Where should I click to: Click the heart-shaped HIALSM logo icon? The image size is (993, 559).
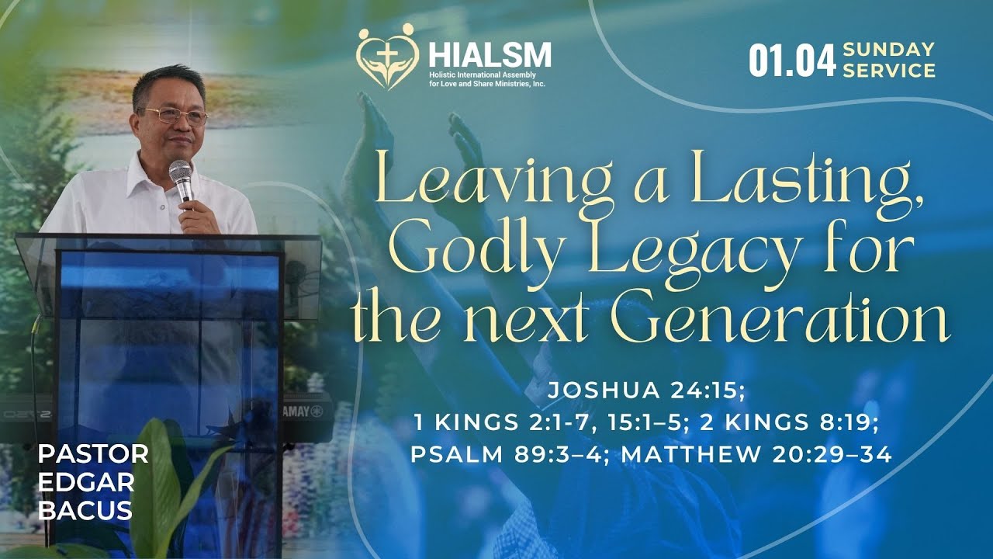click(387, 57)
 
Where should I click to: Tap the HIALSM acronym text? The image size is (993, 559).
click(490, 54)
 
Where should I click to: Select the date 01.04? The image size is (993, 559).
click(791, 61)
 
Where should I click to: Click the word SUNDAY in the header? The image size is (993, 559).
click(888, 50)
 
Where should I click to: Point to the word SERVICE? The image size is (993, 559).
click(889, 71)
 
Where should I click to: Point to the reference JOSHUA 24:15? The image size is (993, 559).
click(645, 391)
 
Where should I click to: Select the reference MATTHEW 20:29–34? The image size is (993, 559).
click(756, 454)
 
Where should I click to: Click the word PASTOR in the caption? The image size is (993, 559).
click(92, 453)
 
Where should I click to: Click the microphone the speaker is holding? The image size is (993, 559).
click(181, 176)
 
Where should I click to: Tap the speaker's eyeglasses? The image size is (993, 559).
click(175, 116)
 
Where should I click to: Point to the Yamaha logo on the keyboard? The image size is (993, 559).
click(306, 411)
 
